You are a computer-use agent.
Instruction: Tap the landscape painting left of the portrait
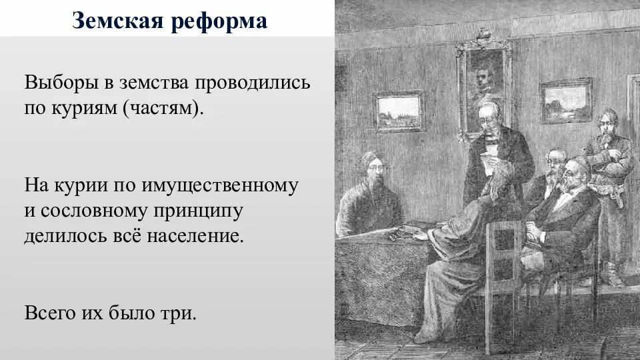point(399,111)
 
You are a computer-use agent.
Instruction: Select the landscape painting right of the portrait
point(565,101)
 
